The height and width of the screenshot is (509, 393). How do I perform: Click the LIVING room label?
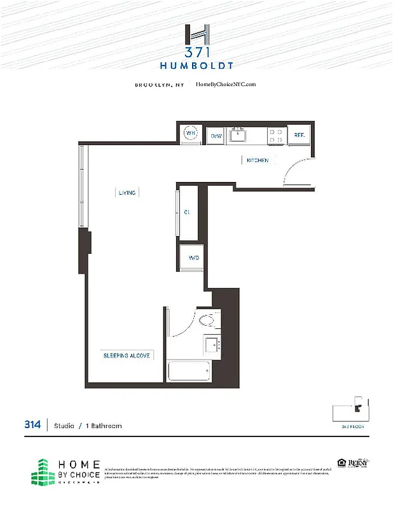click(x=127, y=192)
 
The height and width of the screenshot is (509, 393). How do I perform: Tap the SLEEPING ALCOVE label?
click(x=127, y=356)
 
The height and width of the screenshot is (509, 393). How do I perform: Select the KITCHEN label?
click(x=258, y=160)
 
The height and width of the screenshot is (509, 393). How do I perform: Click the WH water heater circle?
click(x=190, y=134)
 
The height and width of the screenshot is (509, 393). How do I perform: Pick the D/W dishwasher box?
click(x=216, y=136)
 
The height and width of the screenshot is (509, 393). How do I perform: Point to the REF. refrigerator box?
click(x=298, y=136)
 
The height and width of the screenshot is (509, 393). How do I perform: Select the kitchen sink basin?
click(x=239, y=135)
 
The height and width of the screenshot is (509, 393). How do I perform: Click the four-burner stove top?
click(x=276, y=135)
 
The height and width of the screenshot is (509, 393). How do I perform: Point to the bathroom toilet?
click(x=208, y=319)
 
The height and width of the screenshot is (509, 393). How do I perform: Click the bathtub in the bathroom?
click(x=189, y=370)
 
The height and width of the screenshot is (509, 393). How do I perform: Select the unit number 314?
click(x=33, y=425)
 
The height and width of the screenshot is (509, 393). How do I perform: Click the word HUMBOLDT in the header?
click(x=196, y=65)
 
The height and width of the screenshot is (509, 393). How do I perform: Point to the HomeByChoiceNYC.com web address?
click(x=226, y=85)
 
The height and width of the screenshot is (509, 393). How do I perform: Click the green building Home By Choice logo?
click(x=43, y=471)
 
